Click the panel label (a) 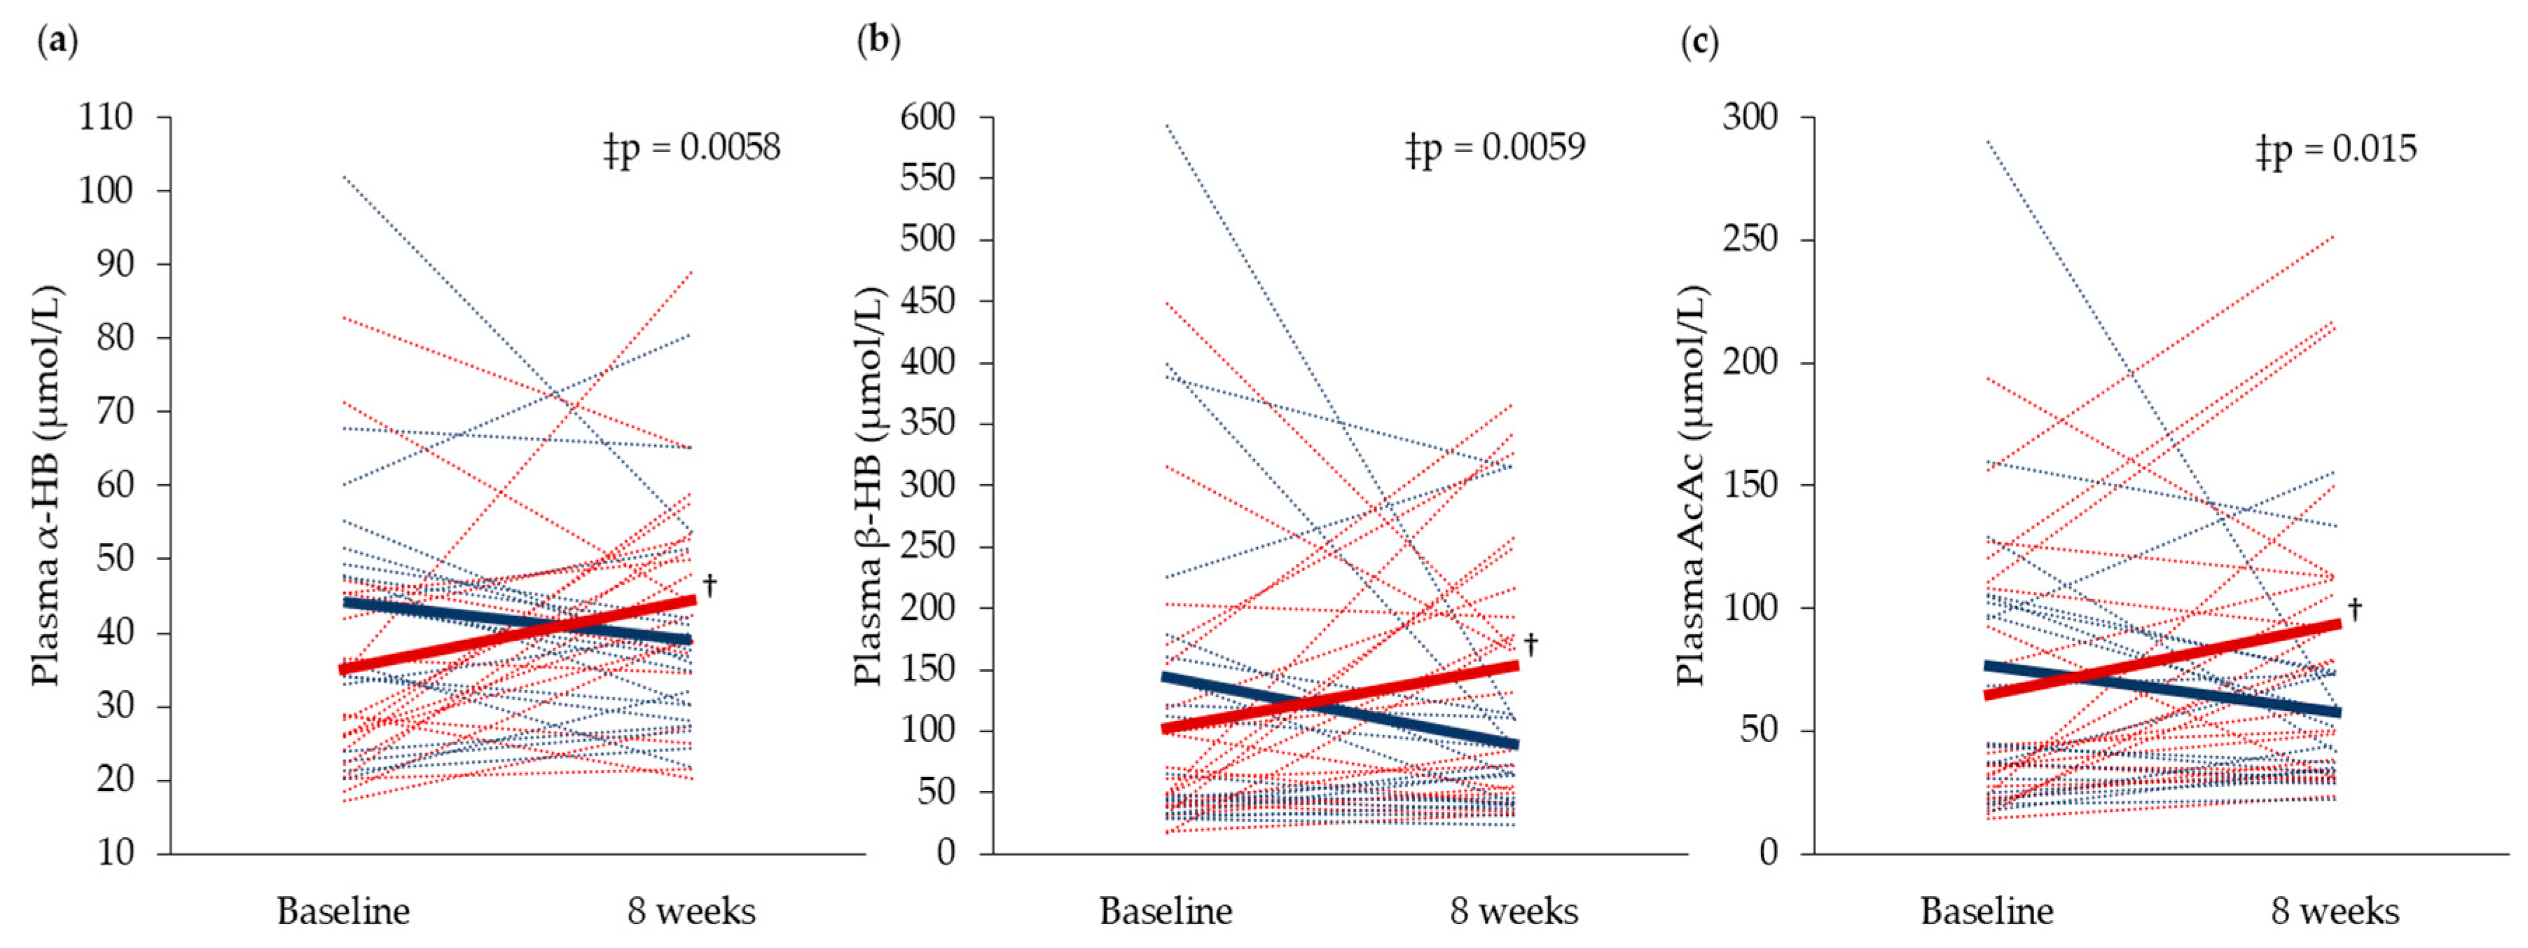(x=57, y=41)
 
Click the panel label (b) (x=878, y=41)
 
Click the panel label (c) (x=1699, y=42)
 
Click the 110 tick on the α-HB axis (x=105, y=117)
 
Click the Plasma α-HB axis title (x=47, y=486)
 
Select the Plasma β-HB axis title (x=869, y=486)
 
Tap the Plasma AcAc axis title (x=1690, y=486)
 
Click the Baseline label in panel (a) (x=343, y=912)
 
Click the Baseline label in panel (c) (x=1987, y=912)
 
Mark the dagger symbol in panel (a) (x=710, y=586)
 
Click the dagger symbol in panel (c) (x=2354, y=608)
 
